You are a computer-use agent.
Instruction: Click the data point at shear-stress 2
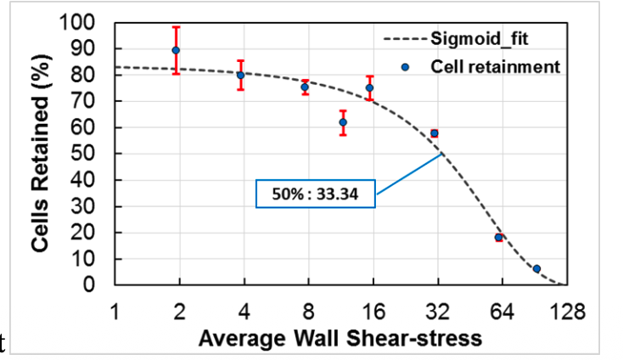(x=176, y=50)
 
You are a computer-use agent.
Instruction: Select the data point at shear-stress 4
(x=240, y=75)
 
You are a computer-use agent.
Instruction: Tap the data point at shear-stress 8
(x=305, y=87)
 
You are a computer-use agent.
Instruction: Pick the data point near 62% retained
(x=343, y=122)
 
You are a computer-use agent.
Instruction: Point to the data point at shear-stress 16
(x=369, y=87)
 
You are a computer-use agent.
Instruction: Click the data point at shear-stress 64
(x=499, y=238)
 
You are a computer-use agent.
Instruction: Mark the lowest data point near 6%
(x=536, y=268)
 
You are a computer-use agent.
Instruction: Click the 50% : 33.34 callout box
(x=316, y=194)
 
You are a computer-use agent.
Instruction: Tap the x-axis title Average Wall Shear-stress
(x=340, y=339)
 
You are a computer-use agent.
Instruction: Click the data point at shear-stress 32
(x=434, y=133)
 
